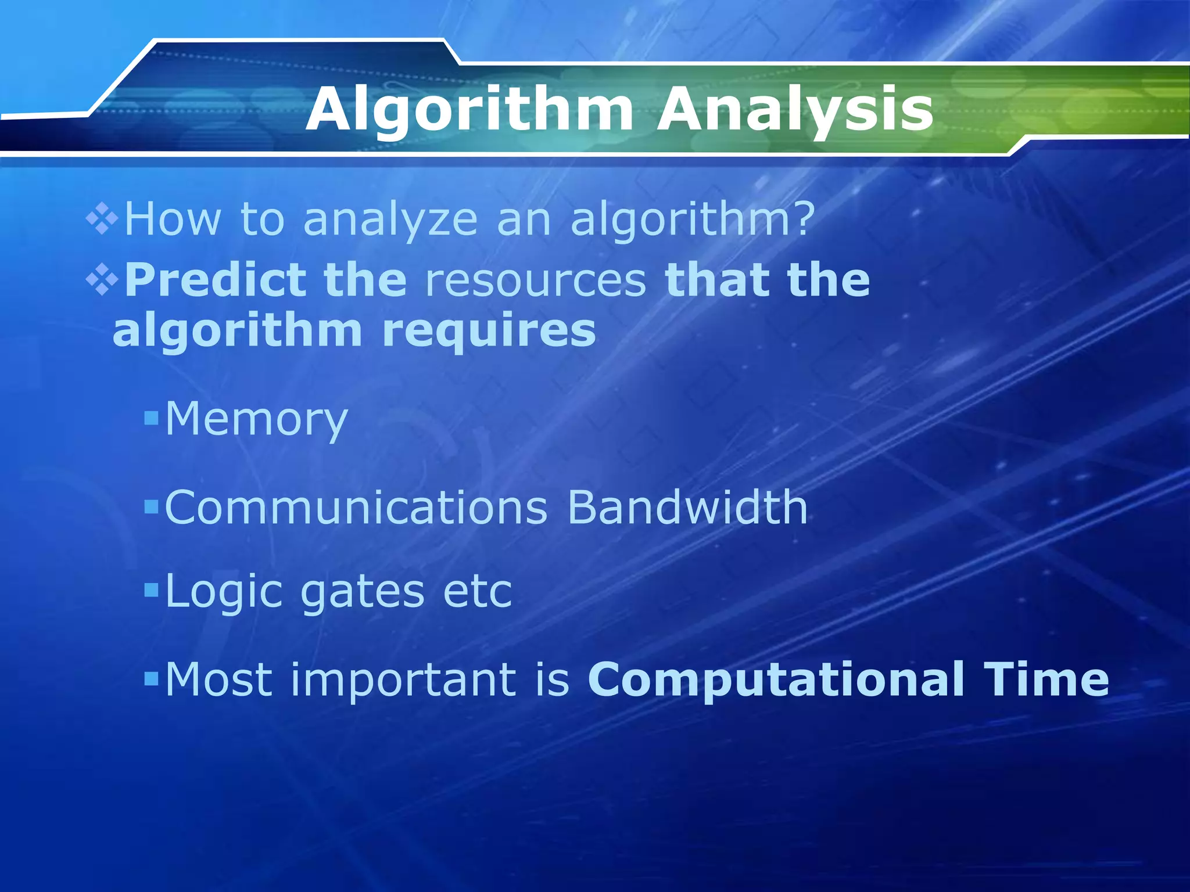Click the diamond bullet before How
point(102,220)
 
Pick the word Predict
point(214,280)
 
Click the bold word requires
point(489,331)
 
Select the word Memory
point(256,419)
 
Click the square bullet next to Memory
point(151,418)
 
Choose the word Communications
point(356,507)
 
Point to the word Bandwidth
point(687,507)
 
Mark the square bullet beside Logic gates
point(151,591)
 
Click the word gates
point(363,592)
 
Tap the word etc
point(478,592)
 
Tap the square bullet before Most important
point(151,678)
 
